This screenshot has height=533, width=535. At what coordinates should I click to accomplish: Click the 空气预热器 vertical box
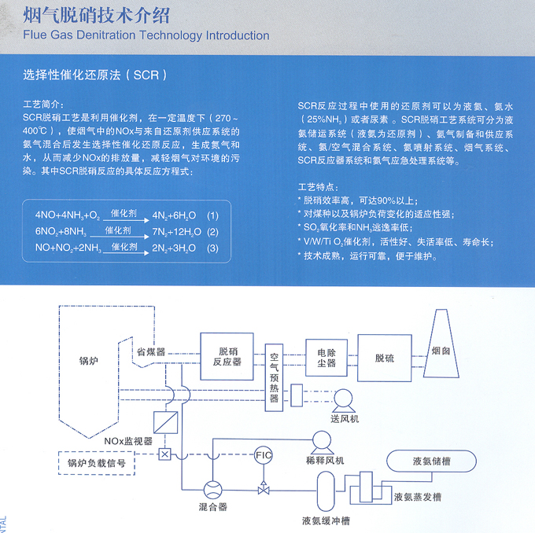275,373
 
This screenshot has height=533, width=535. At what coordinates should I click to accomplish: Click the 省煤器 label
151,351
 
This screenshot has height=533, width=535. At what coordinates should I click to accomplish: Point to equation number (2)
212,232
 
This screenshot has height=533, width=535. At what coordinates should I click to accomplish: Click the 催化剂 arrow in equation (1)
125,215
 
